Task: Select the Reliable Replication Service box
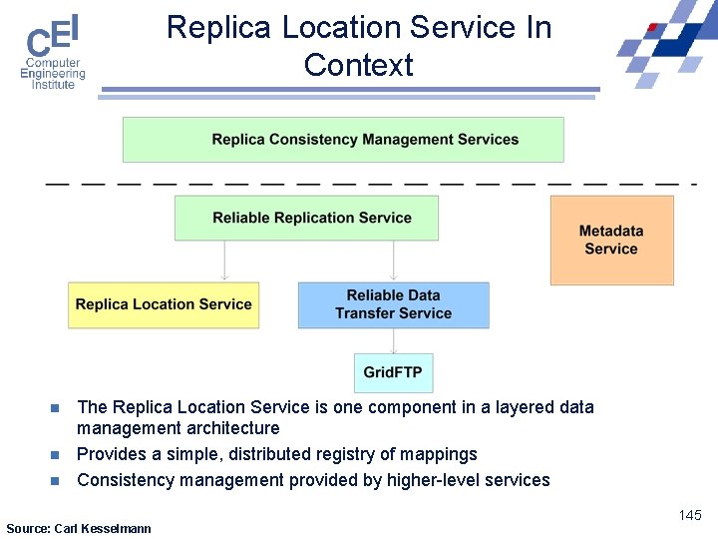(306, 218)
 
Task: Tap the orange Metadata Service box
(611, 241)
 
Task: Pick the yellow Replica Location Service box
(164, 304)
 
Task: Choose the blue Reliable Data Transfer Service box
(393, 304)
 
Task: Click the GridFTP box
(393, 372)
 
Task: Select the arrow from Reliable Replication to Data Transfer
(395, 262)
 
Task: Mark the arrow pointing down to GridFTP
(394, 341)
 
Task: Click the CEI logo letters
(52, 37)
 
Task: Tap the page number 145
(690, 515)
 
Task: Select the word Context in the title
(358, 66)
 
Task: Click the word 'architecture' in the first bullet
(233, 428)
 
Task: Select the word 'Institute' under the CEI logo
(53, 85)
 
